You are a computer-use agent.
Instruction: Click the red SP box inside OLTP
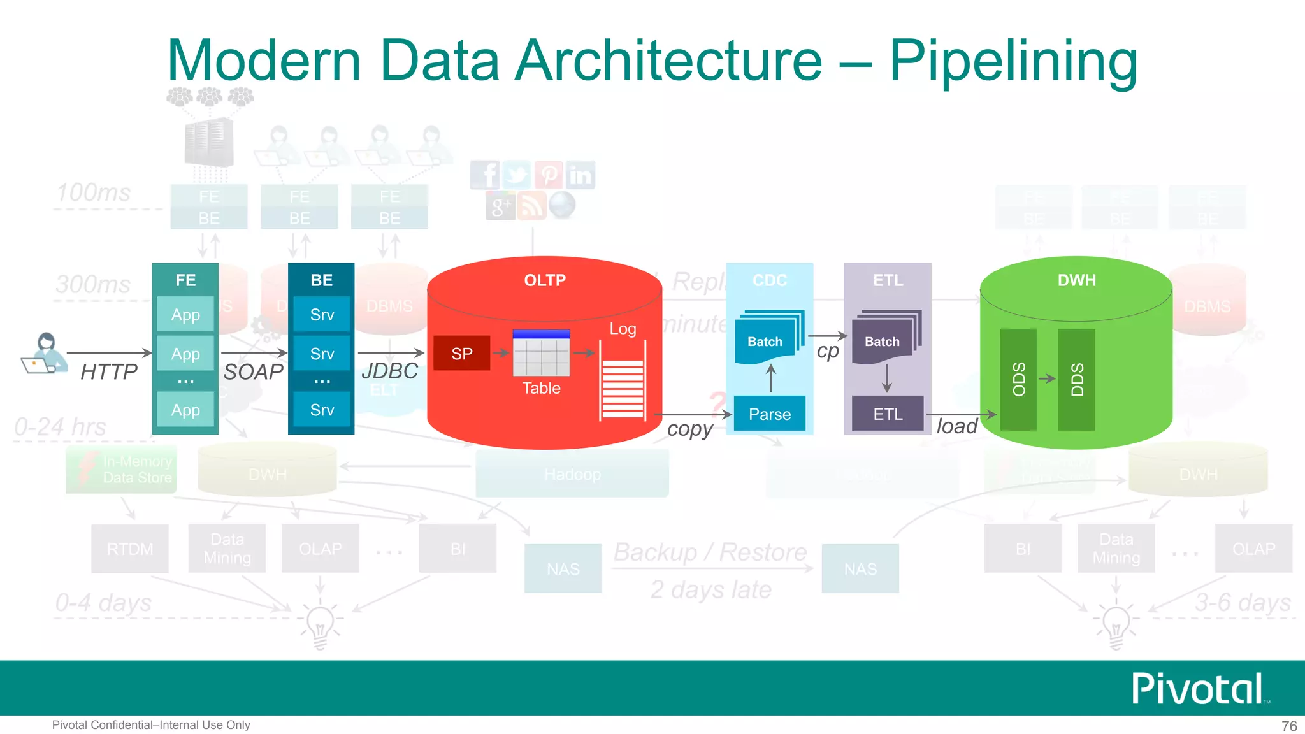pos(461,353)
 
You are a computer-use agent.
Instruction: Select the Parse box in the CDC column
pos(769,414)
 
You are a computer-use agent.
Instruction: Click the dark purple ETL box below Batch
pos(888,414)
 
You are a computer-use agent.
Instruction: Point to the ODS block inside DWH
pos(1018,379)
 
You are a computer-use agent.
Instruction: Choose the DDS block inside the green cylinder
pos(1076,379)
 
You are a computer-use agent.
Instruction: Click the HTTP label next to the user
pos(109,371)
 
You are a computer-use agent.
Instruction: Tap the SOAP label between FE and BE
pos(253,371)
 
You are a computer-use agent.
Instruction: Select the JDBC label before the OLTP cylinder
pos(389,371)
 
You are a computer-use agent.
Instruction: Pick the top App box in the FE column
pos(185,315)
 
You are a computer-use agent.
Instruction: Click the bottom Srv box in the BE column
pos(322,410)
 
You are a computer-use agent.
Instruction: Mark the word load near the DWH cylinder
pos(956,426)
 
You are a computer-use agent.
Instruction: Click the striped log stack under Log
pos(623,388)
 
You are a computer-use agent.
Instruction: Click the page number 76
pos(1288,726)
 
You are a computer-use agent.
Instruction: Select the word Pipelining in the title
pos(1013,61)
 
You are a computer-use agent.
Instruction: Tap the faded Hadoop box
pos(572,474)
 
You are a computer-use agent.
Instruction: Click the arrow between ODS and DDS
pos(1047,378)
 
